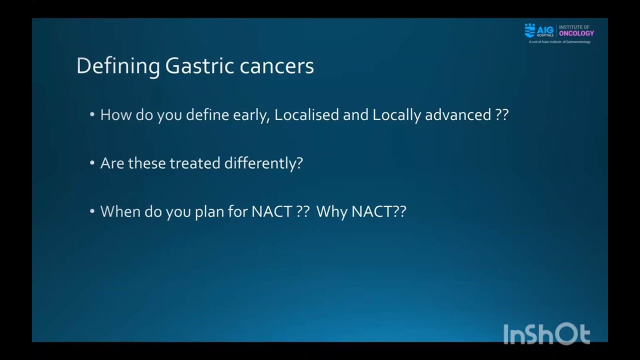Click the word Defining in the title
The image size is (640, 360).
tap(118, 66)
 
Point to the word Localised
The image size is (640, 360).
tap(306, 115)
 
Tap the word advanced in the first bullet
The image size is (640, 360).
tap(457, 115)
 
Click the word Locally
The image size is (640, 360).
tap(396, 115)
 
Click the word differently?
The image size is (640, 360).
tap(263, 163)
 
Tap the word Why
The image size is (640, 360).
tap(331, 211)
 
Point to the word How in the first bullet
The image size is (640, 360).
tap(115, 115)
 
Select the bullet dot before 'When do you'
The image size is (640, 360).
tap(92, 211)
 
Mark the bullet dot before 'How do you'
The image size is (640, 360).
tap(92, 115)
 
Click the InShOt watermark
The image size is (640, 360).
tap(546, 334)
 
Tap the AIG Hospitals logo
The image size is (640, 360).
tap(539, 30)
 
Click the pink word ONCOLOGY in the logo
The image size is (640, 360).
tap(576, 33)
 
